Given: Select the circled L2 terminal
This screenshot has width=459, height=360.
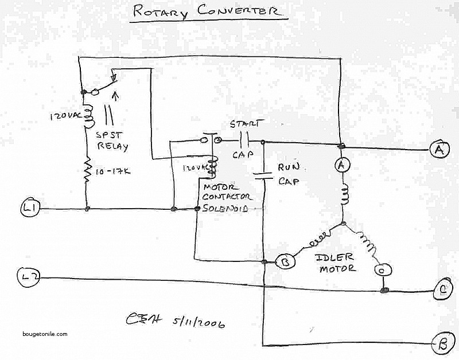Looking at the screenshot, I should tap(30, 277).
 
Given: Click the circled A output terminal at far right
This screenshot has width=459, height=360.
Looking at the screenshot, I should tap(438, 150).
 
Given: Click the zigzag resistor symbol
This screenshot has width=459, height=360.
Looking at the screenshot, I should tap(88, 172).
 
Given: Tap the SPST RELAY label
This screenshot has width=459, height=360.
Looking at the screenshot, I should tap(112, 140).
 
